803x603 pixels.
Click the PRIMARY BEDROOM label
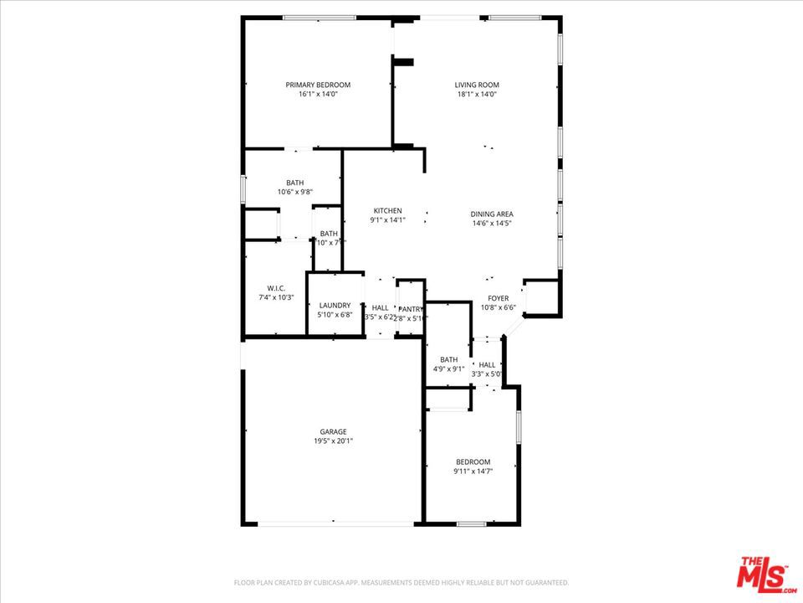point(318,85)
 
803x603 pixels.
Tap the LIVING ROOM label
point(477,85)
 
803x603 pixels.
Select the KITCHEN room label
point(387,211)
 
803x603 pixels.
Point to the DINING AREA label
point(492,214)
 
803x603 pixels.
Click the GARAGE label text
point(333,432)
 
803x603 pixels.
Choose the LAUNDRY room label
point(335,306)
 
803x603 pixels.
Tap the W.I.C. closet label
point(276,288)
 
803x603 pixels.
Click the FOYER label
point(499,298)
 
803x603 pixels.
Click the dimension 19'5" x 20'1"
point(333,441)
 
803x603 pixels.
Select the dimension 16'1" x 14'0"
point(318,94)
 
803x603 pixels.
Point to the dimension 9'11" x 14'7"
point(473,472)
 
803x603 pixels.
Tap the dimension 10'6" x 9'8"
point(295,192)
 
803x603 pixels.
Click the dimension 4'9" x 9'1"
point(448,368)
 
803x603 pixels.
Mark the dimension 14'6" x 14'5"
point(492,223)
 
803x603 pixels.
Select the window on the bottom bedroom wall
point(472,524)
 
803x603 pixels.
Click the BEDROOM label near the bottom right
point(473,462)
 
